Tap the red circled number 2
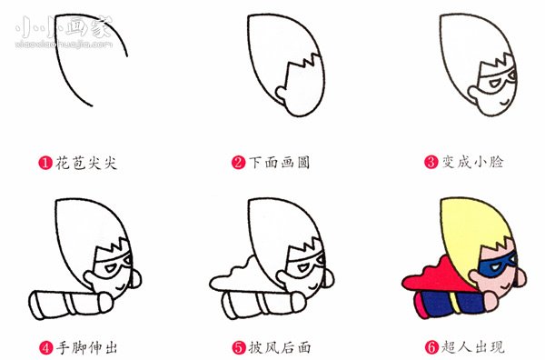click(238, 164)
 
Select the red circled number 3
click(431, 164)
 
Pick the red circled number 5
click(238, 346)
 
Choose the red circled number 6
click(431, 346)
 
